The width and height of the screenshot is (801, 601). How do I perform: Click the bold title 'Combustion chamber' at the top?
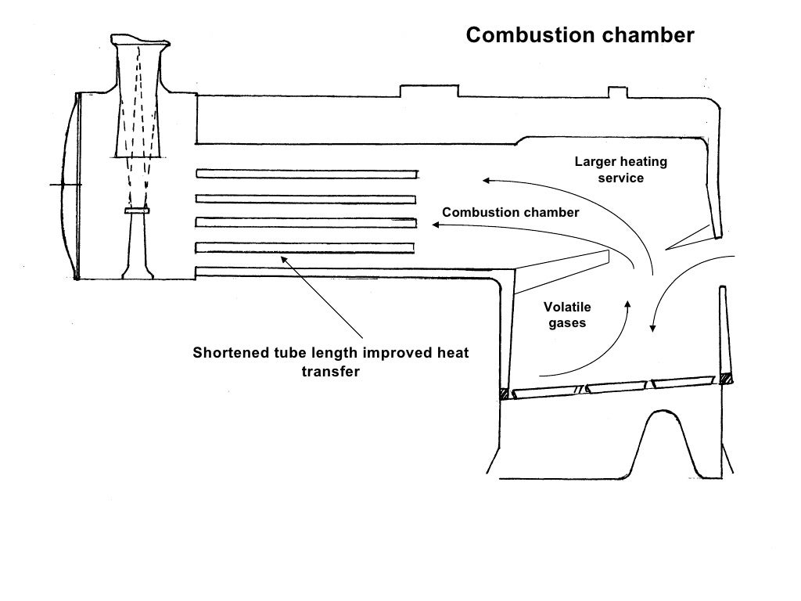click(x=580, y=35)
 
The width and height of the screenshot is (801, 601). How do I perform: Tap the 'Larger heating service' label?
click(x=621, y=170)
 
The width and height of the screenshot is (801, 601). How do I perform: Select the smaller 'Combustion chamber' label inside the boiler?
click(x=510, y=213)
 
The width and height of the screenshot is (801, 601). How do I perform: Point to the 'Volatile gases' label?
click(x=567, y=315)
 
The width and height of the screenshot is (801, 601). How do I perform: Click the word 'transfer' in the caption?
click(x=330, y=372)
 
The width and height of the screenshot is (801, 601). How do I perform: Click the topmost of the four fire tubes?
click(x=306, y=173)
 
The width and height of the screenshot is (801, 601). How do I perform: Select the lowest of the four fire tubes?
click(x=304, y=247)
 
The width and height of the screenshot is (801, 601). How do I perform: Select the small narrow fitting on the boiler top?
click(x=618, y=94)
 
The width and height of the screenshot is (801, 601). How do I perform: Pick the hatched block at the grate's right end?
click(x=727, y=379)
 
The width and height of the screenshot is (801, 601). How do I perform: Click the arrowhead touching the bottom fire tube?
click(x=285, y=259)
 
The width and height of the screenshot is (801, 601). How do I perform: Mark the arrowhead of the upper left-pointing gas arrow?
click(x=486, y=181)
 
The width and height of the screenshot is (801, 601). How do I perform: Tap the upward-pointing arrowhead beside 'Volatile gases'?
click(x=627, y=302)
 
